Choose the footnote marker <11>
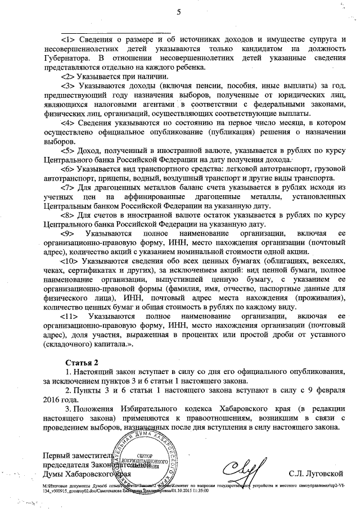[x=70, y=317]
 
